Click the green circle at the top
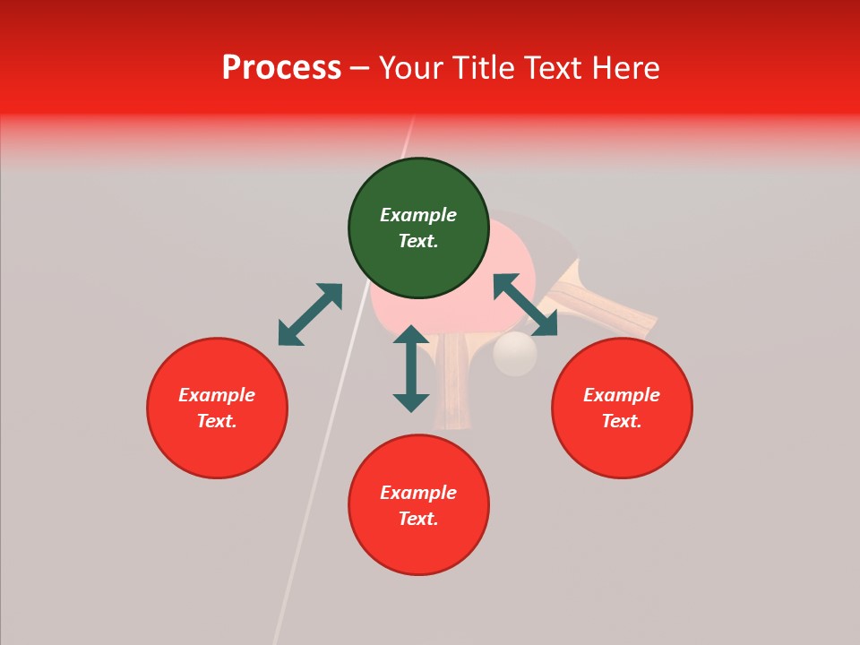[x=418, y=228]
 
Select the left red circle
[x=217, y=408]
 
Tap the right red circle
[x=622, y=408]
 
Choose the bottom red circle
[x=418, y=505]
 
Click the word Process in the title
[x=281, y=68]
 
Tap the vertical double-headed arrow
[x=411, y=368]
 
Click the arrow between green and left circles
[x=310, y=314]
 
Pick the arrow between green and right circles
[x=525, y=305]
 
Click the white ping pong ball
[x=515, y=354]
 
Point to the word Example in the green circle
[x=418, y=215]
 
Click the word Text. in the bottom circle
[x=418, y=519]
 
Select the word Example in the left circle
[x=217, y=395]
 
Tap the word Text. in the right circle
[x=622, y=421]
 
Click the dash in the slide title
[x=359, y=68]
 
